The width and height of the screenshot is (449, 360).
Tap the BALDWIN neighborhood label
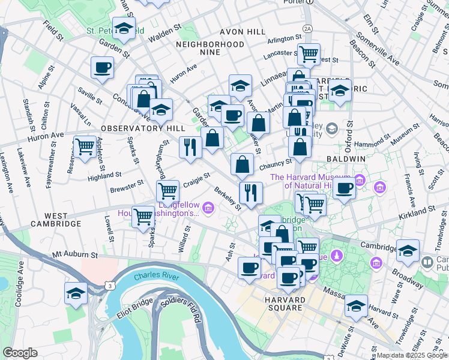coord(346,158)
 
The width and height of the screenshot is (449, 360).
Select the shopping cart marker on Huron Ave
coord(85,146)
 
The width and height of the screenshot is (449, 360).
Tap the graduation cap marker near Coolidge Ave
coord(76,293)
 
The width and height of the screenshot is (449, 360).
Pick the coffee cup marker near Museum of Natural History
coord(345,188)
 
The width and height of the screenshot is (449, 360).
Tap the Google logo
coord(20,353)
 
